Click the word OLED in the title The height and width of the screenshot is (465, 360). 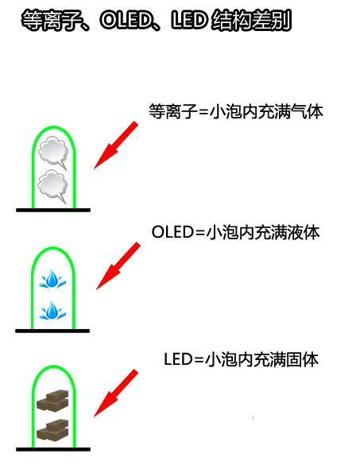[x=126, y=21]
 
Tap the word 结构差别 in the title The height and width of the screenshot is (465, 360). [x=251, y=21]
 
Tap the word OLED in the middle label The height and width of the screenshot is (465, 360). [x=172, y=232]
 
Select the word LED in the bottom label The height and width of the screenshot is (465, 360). [x=179, y=359]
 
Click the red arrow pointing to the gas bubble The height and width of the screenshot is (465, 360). [x=116, y=145]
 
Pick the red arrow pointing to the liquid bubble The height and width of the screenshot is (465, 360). [x=118, y=265]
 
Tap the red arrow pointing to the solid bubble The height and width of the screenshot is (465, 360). [x=116, y=393]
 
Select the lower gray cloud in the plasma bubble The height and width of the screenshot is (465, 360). [x=52, y=186]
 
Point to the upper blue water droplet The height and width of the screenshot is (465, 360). [x=52, y=279]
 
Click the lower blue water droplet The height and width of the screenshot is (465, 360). [x=52, y=311]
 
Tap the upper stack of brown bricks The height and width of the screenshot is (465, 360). [x=52, y=401]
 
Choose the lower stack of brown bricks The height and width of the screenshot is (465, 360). [x=52, y=430]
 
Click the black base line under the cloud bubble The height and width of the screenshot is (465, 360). [x=53, y=210]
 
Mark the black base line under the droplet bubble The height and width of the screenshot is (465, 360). [x=52, y=331]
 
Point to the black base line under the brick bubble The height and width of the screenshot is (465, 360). [x=53, y=449]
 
